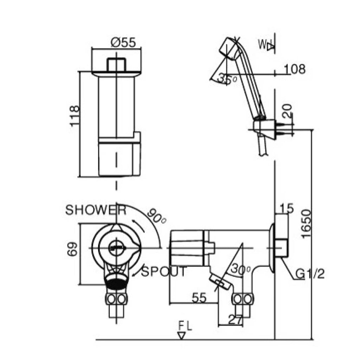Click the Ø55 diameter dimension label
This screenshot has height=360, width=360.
123,43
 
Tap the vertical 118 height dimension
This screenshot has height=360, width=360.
75,116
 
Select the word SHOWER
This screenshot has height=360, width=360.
96,210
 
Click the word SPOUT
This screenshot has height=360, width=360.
163,271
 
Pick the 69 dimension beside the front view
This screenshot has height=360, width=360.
72,249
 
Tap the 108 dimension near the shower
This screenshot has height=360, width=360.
295,69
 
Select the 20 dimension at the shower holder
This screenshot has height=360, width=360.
287,111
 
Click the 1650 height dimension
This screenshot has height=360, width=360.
307,224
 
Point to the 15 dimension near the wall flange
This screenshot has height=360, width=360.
287,208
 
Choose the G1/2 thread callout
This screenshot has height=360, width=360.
310,274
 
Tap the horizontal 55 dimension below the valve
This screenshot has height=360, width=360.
199,298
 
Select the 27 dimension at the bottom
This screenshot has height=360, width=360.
235,320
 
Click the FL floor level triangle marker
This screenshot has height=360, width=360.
182,336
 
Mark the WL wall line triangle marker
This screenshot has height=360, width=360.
270,47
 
